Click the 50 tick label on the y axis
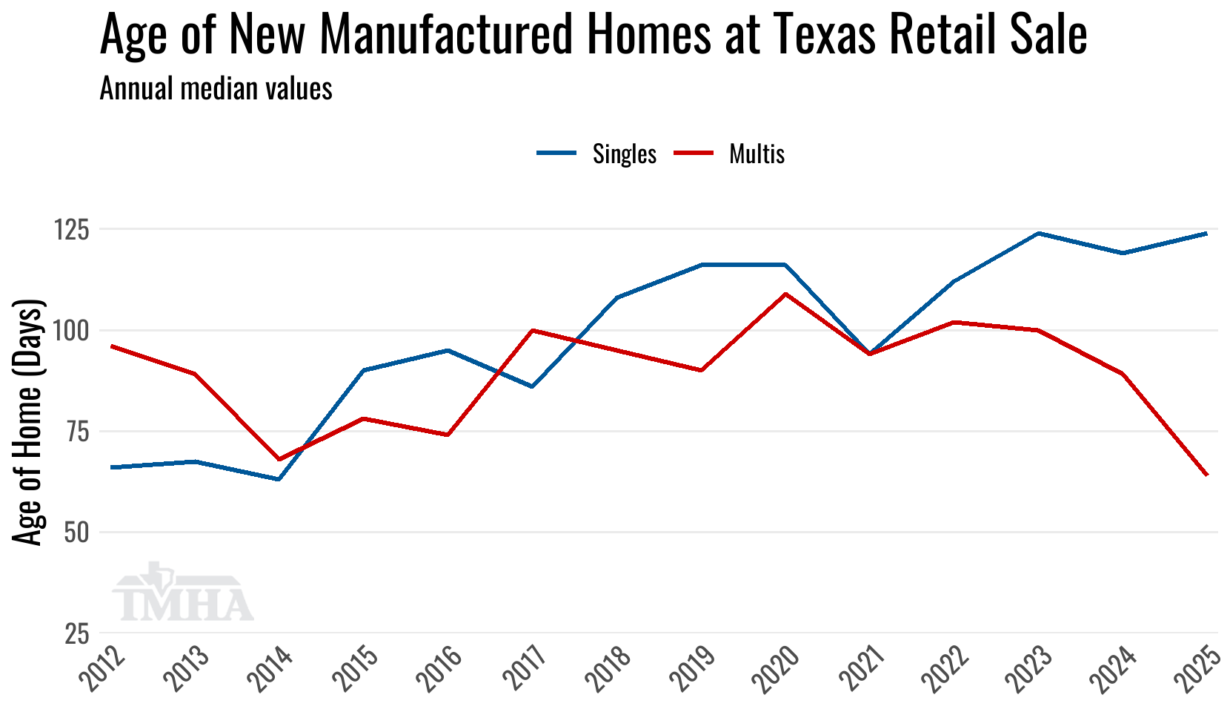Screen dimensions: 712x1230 (76, 533)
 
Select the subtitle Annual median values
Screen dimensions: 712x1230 (216, 89)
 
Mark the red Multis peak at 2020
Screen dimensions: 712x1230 (785, 294)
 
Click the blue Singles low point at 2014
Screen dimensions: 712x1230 (279, 479)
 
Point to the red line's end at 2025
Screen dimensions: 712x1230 (1207, 475)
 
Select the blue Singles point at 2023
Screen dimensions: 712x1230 (1039, 234)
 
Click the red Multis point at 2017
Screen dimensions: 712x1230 (532, 330)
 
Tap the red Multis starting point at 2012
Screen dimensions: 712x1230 (110, 346)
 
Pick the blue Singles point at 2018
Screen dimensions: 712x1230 (616, 297)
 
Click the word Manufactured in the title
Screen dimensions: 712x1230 (447, 34)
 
